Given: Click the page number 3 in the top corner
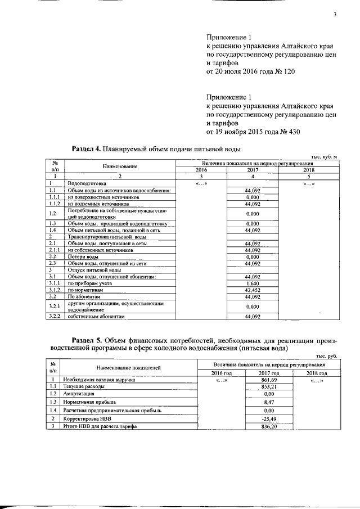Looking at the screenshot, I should point(334,15).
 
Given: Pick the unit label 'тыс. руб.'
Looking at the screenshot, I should point(326,357).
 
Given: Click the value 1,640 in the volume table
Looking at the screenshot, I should point(252,285).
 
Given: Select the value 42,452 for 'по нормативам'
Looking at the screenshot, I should point(252,290).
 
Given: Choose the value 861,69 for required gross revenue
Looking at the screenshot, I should point(252,380).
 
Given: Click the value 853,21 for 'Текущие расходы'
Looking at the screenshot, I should point(252,387).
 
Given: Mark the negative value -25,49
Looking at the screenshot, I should point(252,419).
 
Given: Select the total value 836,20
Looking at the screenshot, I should point(252,427).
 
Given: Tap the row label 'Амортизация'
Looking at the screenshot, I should point(79,394).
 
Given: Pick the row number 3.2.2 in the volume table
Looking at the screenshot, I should point(55,317).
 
